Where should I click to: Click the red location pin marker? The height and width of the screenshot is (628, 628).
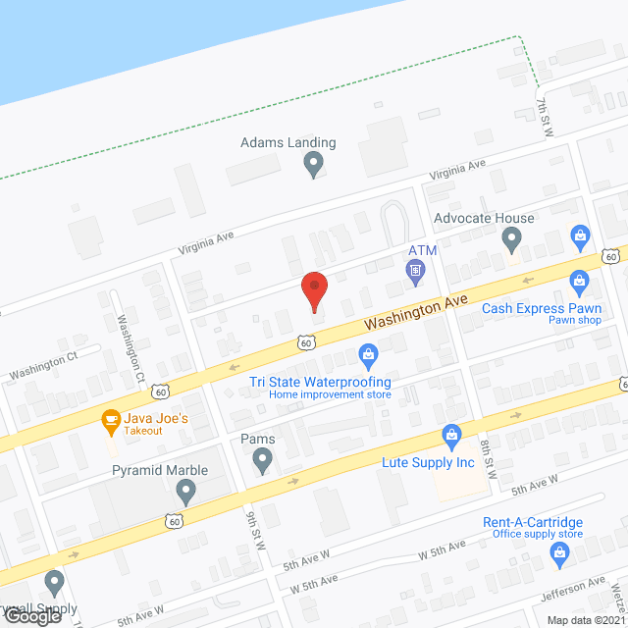tap(313, 290)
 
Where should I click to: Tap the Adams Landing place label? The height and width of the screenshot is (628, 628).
tap(288, 142)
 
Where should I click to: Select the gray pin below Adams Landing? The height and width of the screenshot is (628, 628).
tap(313, 164)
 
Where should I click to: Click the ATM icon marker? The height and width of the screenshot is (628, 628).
tap(416, 269)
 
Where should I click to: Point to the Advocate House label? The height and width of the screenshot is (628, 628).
tap(485, 218)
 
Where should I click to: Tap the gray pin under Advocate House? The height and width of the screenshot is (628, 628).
tap(511, 238)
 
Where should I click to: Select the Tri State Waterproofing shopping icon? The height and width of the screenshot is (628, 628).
tap(369, 353)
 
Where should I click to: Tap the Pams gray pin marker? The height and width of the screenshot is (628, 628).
tap(262, 460)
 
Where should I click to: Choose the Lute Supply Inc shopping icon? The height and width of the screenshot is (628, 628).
tap(451, 434)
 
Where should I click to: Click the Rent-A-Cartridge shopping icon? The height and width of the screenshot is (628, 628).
tap(559, 551)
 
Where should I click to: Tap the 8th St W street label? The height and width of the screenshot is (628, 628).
tap(488, 458)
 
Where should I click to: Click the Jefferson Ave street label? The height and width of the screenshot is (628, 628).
tap(573, 589)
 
